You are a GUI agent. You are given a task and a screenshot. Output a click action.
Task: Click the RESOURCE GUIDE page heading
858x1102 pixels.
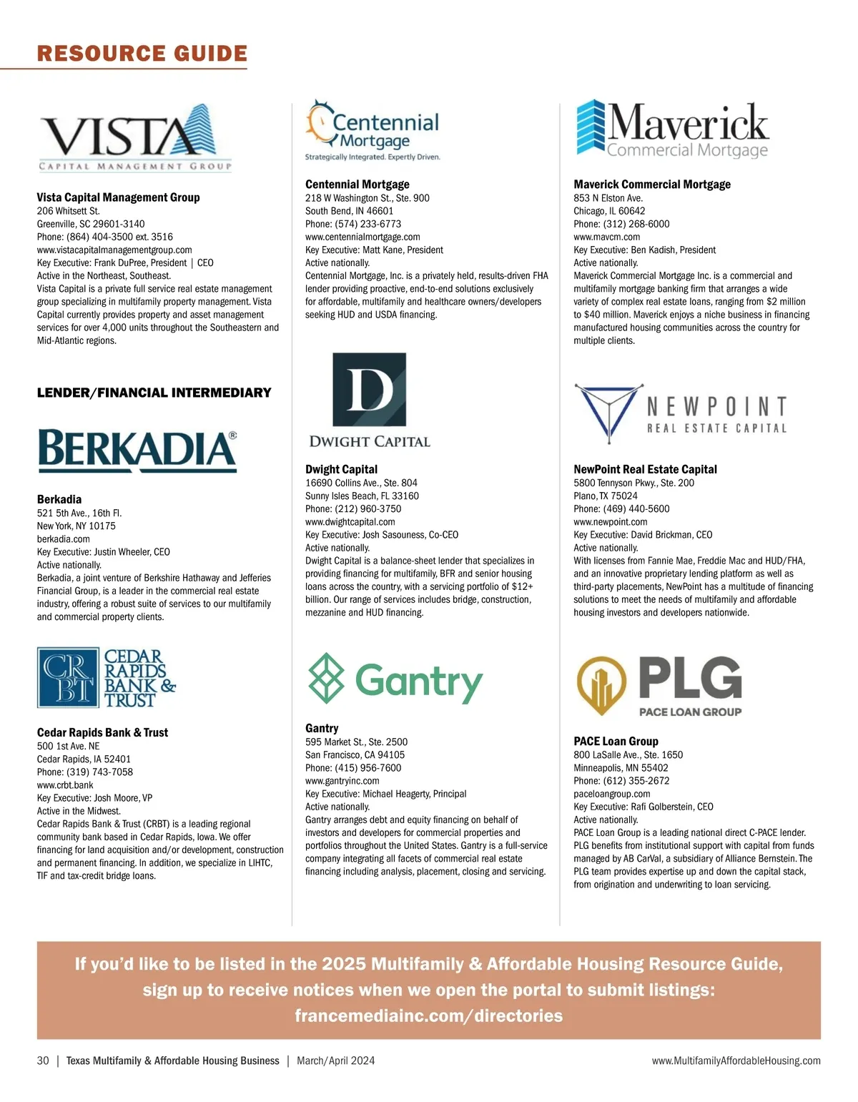point(142,54)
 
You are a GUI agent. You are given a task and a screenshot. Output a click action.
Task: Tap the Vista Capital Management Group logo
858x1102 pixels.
point(135,138)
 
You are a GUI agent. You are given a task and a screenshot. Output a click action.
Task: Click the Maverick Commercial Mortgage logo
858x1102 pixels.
point(672,130)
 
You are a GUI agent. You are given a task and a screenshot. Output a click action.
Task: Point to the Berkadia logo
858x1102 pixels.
point(137,451)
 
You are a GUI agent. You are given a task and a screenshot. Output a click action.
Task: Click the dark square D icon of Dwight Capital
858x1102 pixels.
point(370,390)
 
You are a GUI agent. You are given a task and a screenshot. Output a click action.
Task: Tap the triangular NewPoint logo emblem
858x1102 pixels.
point(604,414)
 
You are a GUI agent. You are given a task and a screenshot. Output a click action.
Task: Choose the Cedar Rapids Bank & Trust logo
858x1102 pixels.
point(107,677)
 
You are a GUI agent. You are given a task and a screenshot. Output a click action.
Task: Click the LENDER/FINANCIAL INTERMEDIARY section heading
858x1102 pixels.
point(154,393)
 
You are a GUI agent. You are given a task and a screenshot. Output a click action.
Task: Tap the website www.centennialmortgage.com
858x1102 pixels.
point(363,237)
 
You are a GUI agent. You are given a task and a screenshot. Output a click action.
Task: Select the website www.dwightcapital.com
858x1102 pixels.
point(350,521)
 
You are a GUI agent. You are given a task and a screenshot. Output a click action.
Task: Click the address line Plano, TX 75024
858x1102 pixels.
point(606,496)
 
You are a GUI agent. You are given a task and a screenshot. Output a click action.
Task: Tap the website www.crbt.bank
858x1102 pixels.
point(65,784)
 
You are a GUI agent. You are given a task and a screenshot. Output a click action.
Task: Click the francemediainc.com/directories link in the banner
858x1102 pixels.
point(428,1015)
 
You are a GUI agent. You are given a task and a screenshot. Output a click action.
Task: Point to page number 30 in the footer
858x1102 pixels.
point(43,1061)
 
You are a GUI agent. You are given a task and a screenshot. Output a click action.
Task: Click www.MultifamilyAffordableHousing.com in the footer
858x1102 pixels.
point(736,1061)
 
